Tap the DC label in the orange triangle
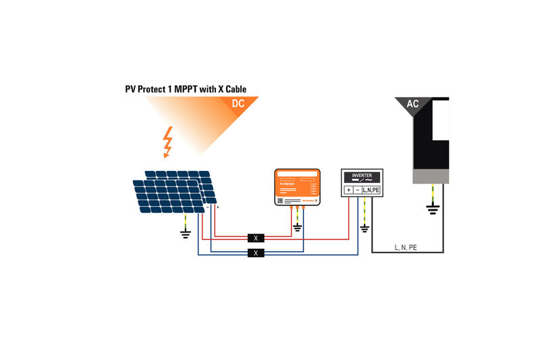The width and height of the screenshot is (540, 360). (238, 105)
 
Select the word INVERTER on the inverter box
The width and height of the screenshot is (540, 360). (362, 176)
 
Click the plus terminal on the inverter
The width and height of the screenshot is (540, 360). (349, 190)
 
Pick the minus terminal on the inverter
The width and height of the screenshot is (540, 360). (358, 190)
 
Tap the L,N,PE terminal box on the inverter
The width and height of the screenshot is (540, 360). (371, 190)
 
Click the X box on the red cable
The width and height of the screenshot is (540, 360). (255, 238)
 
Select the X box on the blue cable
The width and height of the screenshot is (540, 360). (255, 253)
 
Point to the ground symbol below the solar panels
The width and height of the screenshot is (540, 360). (185, 234)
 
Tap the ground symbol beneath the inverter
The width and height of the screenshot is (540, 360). (365, 229)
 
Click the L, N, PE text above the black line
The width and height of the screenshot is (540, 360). (406, 248)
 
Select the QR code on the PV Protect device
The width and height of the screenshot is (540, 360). (279, 201)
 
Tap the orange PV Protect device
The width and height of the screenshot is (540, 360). (297, 186)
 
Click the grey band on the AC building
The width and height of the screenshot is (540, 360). (431, 176)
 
